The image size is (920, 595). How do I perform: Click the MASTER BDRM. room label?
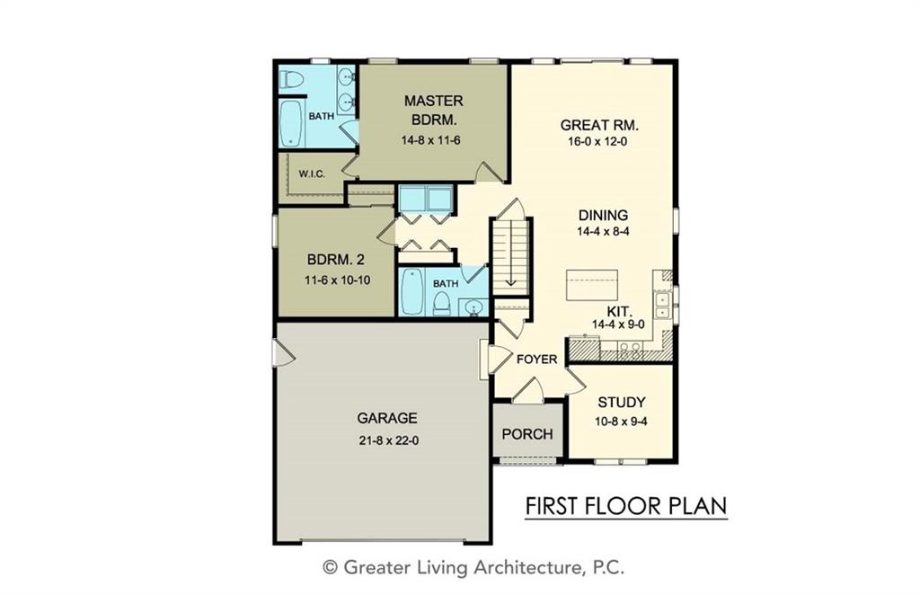(433, 111)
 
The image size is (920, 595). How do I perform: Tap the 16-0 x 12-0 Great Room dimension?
(597, 141)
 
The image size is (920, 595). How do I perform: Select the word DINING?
(603, 216)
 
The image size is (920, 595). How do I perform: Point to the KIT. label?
(619, 311)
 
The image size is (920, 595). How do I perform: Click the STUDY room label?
(622, 403)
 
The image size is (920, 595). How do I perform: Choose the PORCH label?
(526, 434)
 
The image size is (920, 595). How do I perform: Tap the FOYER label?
(536, 360)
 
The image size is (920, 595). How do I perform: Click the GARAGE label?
(387, 418)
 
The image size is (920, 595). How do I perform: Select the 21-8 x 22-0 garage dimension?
(388, 440)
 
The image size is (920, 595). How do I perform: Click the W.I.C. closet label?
(312, 174)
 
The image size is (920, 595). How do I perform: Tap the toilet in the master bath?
(291, 78)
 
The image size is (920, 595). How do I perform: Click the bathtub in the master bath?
(291, 124)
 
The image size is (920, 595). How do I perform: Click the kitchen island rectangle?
(591, 285)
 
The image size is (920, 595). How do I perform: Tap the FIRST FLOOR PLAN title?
(626, 506)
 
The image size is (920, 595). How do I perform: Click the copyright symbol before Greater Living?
(331, 567)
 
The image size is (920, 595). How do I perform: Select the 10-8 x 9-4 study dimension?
(621, 422)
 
